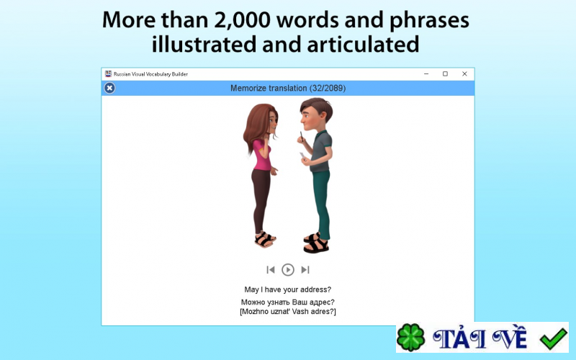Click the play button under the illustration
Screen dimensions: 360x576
(x=288, y=270)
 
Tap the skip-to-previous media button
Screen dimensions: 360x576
(x=271, y=270)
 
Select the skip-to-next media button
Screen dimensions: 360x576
(x=305, y=270)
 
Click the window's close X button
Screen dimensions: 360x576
(x=464, y=73)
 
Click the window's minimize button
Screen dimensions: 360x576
(x=426, y=73)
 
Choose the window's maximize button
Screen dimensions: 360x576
(x=445, y=73)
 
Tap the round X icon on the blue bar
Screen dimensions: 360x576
(x=109, y=88)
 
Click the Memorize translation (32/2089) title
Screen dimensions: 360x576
(x=288, y=88)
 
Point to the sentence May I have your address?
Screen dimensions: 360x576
(x=288, y=289)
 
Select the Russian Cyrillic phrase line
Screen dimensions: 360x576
(x=288, y=302)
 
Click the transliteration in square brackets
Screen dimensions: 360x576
(x=288, y=312)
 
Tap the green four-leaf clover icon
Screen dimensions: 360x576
(x=411, y=337)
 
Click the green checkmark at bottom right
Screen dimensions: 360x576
(x=554, y=337)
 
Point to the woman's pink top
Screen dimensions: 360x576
(x=261, y=156)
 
